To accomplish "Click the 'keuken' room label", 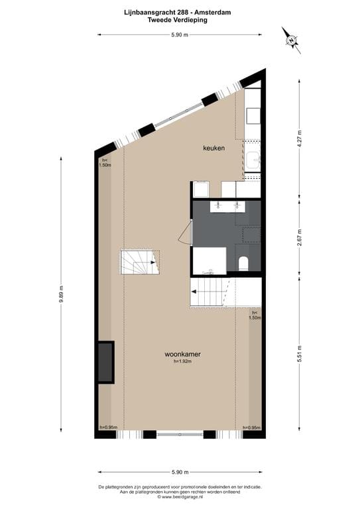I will coord(213,148).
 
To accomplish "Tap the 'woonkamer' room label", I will coord(182,355).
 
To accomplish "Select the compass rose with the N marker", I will coord(291,40).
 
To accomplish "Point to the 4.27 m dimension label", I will coord(300,137).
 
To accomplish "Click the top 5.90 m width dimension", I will coord(180,34).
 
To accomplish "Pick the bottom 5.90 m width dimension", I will coord(180,472).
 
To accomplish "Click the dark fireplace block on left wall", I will coord(105,362).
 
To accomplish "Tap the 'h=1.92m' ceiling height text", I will coord(182,362).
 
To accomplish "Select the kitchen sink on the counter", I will coord(252,160).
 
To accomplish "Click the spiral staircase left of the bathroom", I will coord(139,263).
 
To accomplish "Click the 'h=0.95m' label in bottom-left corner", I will coord(108,427).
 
